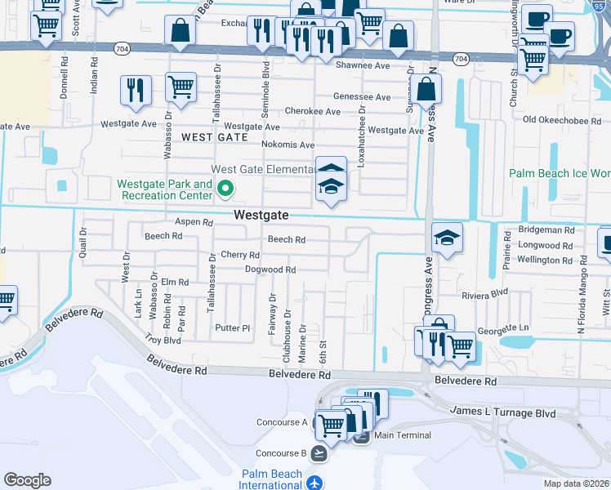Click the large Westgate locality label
[x=261, y=216]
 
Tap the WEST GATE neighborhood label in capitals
[x=214, y=137]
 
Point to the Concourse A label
[x=281, y=422]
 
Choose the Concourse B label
[x=281, y=453]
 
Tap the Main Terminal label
[x=403, y=435]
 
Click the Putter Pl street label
[x=232, y=328]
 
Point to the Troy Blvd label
[x=162, y=339]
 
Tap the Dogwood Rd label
[x=270, y=269]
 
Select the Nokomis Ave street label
[x=288, y=145]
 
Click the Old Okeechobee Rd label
[x=563, y=120]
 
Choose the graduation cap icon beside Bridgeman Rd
[x=447, y=238]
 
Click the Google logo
[x=27, y=480]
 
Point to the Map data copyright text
[x=575, y=483]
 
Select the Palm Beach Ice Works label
[x=560, y=173]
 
